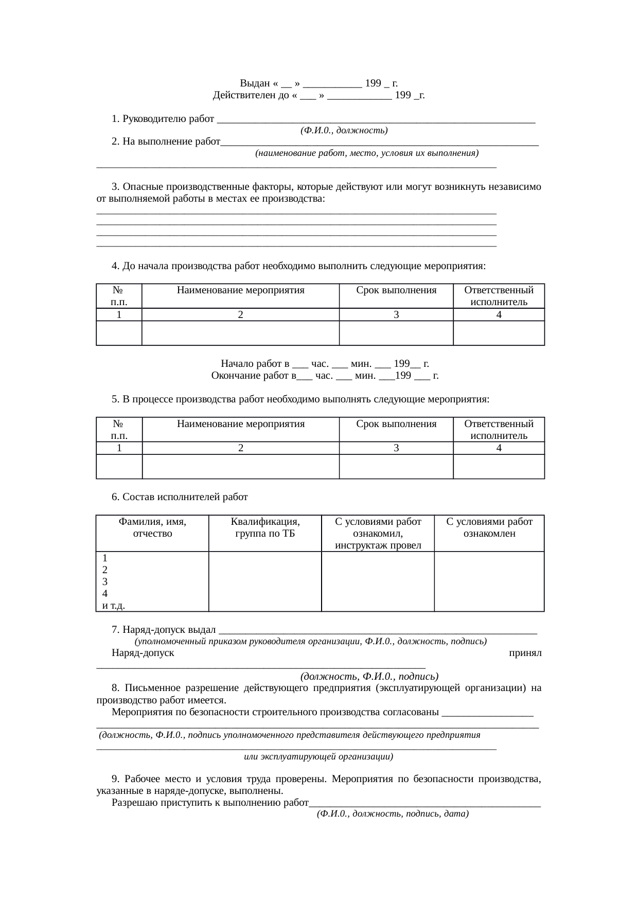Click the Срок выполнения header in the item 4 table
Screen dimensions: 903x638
click(396, 290)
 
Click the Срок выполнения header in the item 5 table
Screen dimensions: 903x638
click(396, 424)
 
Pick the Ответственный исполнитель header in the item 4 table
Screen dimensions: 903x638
click(499, 296)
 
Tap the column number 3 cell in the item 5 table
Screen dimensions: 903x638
click(396, 448)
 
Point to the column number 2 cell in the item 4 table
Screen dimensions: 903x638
click(240, 315)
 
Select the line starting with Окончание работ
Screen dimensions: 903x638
click(325, 376)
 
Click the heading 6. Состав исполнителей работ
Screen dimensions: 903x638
click(180, 497)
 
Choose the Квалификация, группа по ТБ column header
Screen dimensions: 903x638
click(265, 527)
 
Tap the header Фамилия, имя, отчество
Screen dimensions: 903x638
click(152, 527)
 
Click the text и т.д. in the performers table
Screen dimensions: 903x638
click(114, 605)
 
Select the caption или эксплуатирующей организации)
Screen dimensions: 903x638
click(318, 756)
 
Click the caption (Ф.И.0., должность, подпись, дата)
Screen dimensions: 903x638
click(393, 814)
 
